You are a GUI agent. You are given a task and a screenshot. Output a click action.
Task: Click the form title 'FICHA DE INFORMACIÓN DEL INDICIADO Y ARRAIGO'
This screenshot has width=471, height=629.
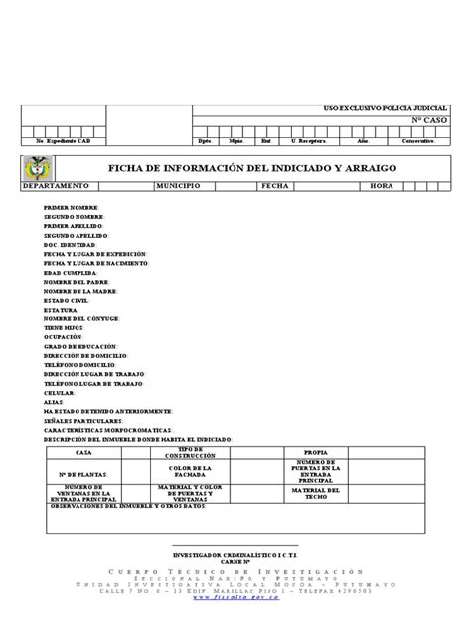coord(251,168)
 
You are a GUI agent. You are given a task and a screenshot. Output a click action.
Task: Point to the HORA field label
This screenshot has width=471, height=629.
coord(382,186)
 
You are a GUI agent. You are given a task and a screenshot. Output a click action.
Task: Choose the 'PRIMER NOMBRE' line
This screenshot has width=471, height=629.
coord(72,207)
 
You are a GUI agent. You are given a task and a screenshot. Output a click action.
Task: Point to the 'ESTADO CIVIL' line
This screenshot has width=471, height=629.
coord(66,298)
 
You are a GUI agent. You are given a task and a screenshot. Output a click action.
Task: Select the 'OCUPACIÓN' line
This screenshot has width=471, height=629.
coord(63,335)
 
